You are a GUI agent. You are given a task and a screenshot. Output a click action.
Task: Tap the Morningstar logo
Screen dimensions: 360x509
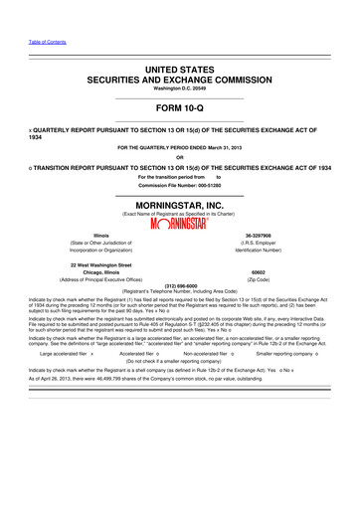[179, 221]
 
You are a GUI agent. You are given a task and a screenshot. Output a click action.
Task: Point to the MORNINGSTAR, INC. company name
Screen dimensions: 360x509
[179, 200]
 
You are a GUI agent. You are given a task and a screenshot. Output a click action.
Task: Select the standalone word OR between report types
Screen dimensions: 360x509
[179, 156]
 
